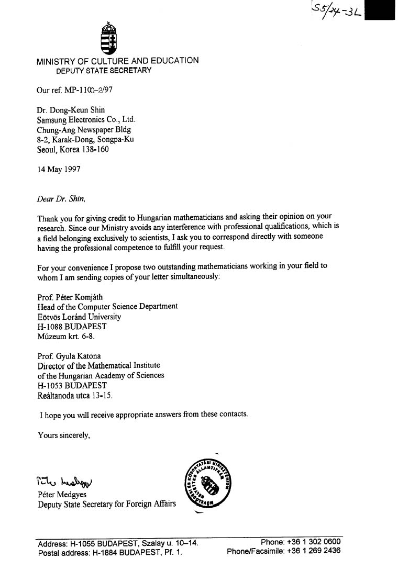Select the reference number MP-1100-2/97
88,90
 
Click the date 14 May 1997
59,170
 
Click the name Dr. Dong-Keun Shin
71,110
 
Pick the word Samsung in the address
50,120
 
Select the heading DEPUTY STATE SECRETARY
104,70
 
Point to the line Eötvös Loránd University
79,317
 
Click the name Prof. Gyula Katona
69,356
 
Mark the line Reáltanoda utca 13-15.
75,396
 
